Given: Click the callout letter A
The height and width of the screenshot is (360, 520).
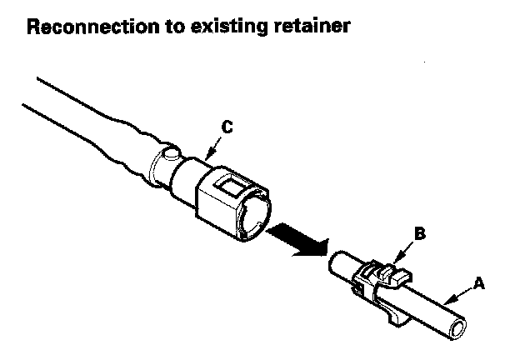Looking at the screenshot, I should (x=478, y=283).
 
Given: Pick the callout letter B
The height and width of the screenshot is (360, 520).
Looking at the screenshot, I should (x=419, y=234).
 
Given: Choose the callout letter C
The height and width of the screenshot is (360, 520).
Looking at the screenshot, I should (x=226, y=127).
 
